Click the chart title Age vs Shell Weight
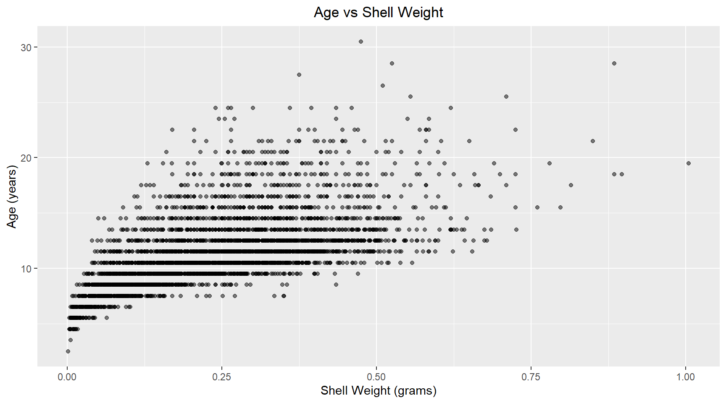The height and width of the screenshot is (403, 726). click(x=378, y=13)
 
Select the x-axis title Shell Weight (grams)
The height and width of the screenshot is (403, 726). click(x=378, y=390)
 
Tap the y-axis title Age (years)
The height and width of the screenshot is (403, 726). click(x=12, y=196)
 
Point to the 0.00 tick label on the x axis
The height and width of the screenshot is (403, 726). click(x=67, y=377)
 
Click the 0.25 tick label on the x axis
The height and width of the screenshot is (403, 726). click(x=222, y=377)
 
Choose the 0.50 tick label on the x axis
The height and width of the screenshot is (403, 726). click(x=376, y=377)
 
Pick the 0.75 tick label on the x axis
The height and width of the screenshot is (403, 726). click(x=531, y=377)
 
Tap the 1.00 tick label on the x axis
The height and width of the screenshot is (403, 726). click(x=686, y=377)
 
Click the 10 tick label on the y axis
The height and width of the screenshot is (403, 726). click(x=26, y=269)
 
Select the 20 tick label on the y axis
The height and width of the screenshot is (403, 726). click(x=26, y=158)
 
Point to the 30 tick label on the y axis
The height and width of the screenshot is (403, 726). click(x=26, y=47)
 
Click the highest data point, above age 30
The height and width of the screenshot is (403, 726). click(x=361, y=42)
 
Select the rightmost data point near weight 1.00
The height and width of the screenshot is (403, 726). click(x=689, y=163)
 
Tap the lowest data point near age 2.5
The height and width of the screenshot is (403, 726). click(x=68, y=351)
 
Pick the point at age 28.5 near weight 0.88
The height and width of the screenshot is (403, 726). click(x=614, y=63)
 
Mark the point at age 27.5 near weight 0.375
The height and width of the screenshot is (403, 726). click(x=299, y=75)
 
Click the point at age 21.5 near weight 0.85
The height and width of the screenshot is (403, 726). click(x=593, y=141)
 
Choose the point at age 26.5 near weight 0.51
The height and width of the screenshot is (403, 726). click(x=383, y=86)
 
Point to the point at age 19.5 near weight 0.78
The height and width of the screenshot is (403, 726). click(x=550, y=163)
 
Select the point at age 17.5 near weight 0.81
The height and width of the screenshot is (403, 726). click(x=571, y=185)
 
